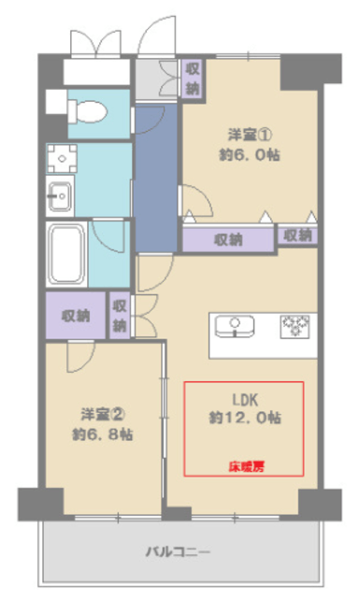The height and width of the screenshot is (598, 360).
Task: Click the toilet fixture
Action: click(87, 111)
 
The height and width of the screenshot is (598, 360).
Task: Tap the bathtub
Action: click(66, 254)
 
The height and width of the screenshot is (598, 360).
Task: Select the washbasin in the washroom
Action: click(60, 196)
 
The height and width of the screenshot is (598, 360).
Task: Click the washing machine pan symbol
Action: click(62, 158)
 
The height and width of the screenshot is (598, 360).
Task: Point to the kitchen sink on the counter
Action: click(235, 326)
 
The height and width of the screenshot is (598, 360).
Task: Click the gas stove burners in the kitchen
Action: click(295, 326)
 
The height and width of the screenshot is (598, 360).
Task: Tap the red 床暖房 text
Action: click(247, 466)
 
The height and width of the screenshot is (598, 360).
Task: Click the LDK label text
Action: click(246, 400)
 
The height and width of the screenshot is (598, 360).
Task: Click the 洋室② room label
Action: click(103, 414)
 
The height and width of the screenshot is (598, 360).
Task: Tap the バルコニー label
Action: click(178, 552)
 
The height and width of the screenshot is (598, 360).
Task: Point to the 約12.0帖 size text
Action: click(245, 418)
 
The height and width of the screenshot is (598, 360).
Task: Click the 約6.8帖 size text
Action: click(103, 434)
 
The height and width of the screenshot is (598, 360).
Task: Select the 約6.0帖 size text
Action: click(250, 155)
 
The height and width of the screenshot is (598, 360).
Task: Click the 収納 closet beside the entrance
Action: click(193, 79)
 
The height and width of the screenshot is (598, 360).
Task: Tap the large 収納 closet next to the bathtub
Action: click(76, 316)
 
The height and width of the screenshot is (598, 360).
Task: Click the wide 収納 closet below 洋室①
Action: click(228, 239)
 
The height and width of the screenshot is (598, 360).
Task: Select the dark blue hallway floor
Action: click(156, 178)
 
